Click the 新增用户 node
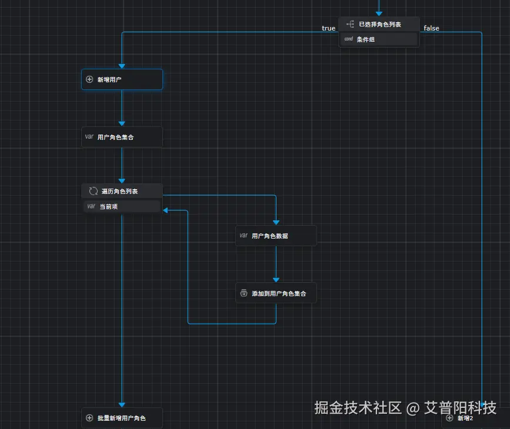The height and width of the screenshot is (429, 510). (x=122, y=79)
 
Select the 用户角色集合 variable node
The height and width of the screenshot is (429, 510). (x=122, y=137)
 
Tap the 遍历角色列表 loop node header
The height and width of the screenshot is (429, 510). (x=122, y=191)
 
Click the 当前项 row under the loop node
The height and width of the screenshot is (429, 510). (x=122, y=206)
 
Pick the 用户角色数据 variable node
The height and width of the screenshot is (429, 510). (x=276, y=236)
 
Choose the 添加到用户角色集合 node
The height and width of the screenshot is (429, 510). (x=276, y=293)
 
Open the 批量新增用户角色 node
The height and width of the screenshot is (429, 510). (x=122, y=418)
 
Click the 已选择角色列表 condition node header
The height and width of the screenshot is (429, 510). (x=379, y=25)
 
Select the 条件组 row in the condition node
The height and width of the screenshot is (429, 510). (x=379, y=39)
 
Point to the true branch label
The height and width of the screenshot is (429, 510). (x=328, y=28)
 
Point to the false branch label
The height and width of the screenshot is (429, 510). (x=431, y=28)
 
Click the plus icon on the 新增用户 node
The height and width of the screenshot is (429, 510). (x=89, y=79)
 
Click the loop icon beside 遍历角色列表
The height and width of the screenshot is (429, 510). (x=92, y=191)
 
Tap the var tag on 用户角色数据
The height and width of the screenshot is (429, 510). (x=243, y=236)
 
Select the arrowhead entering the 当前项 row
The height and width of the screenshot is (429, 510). (x=166, y=210)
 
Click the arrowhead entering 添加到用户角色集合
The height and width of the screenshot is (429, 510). (x=276, y=280)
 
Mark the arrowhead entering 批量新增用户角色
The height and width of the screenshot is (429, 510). (x=122, y=404)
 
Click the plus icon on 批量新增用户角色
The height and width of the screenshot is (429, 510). (x=89, y=418)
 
